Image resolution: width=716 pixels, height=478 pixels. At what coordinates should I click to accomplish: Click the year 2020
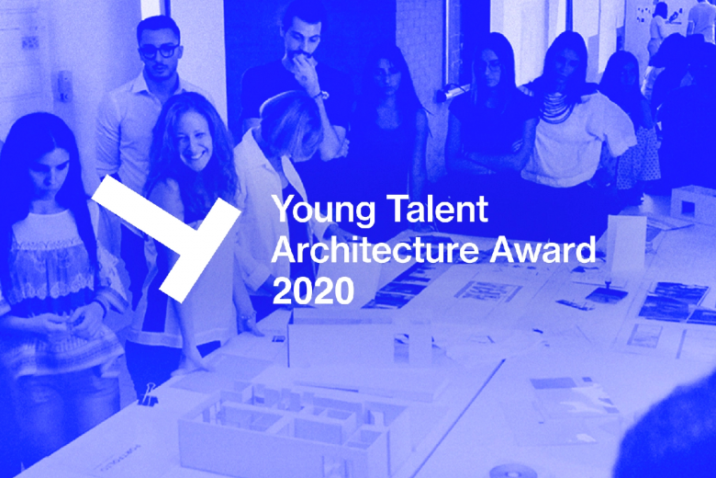313,290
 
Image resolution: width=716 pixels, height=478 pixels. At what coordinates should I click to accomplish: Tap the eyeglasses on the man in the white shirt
159,51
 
